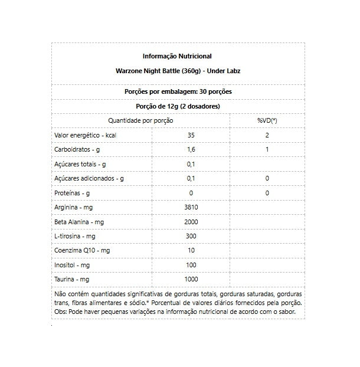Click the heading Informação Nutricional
click(x=177, y=57)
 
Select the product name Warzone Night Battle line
click(x=177, y=71)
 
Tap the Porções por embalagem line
click(x=178, y=93)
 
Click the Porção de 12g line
click(x=178, y=107)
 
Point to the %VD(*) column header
click(x=267, y=121)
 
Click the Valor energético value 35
click(x=191, y=135)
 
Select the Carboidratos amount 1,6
click(x=191, y=149)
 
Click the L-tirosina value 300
click(x=191, y=235)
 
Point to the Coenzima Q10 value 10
click(x=191, y=250)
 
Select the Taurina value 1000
click(x=191, y=278)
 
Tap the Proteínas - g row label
click(x=72, y=192)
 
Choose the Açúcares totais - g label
click(x=79, y=163)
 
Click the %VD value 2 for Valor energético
click(x=267, y=135)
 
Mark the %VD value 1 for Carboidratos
click(x=267, y=149)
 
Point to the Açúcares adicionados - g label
click(x=88, y=178)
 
